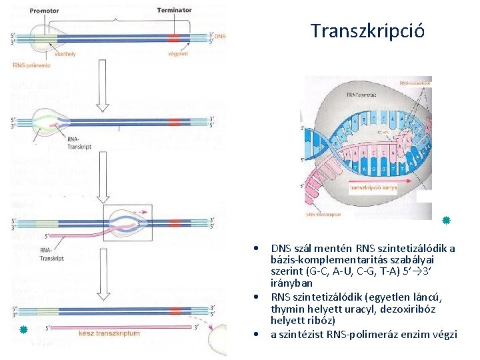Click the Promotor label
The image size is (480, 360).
(44, 10)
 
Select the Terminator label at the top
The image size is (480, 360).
(174, 10)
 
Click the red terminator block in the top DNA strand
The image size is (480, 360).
(174, 38)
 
